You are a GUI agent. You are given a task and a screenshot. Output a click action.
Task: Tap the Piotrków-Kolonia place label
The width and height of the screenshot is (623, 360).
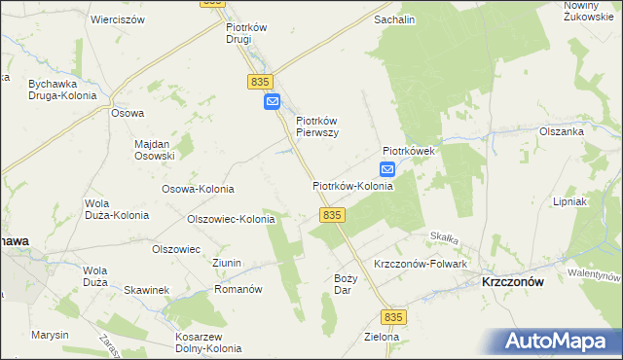(352, 185)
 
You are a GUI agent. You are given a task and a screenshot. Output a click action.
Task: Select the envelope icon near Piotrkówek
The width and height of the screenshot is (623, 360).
(387, 169)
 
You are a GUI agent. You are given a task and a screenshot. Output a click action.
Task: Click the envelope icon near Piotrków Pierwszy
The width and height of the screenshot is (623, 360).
(273, 101)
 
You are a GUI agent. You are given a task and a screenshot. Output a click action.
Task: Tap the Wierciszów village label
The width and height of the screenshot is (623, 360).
(117, 19)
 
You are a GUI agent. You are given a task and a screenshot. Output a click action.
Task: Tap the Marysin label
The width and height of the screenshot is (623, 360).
(49, 335)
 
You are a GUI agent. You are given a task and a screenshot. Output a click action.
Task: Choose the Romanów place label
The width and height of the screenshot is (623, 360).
(238, 289)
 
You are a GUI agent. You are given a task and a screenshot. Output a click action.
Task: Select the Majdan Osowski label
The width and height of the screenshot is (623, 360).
(154, 149)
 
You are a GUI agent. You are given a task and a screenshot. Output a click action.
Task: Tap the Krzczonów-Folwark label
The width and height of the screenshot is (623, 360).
(421, 265)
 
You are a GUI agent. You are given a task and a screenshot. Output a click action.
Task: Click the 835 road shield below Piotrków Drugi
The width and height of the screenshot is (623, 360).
(258, 83)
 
